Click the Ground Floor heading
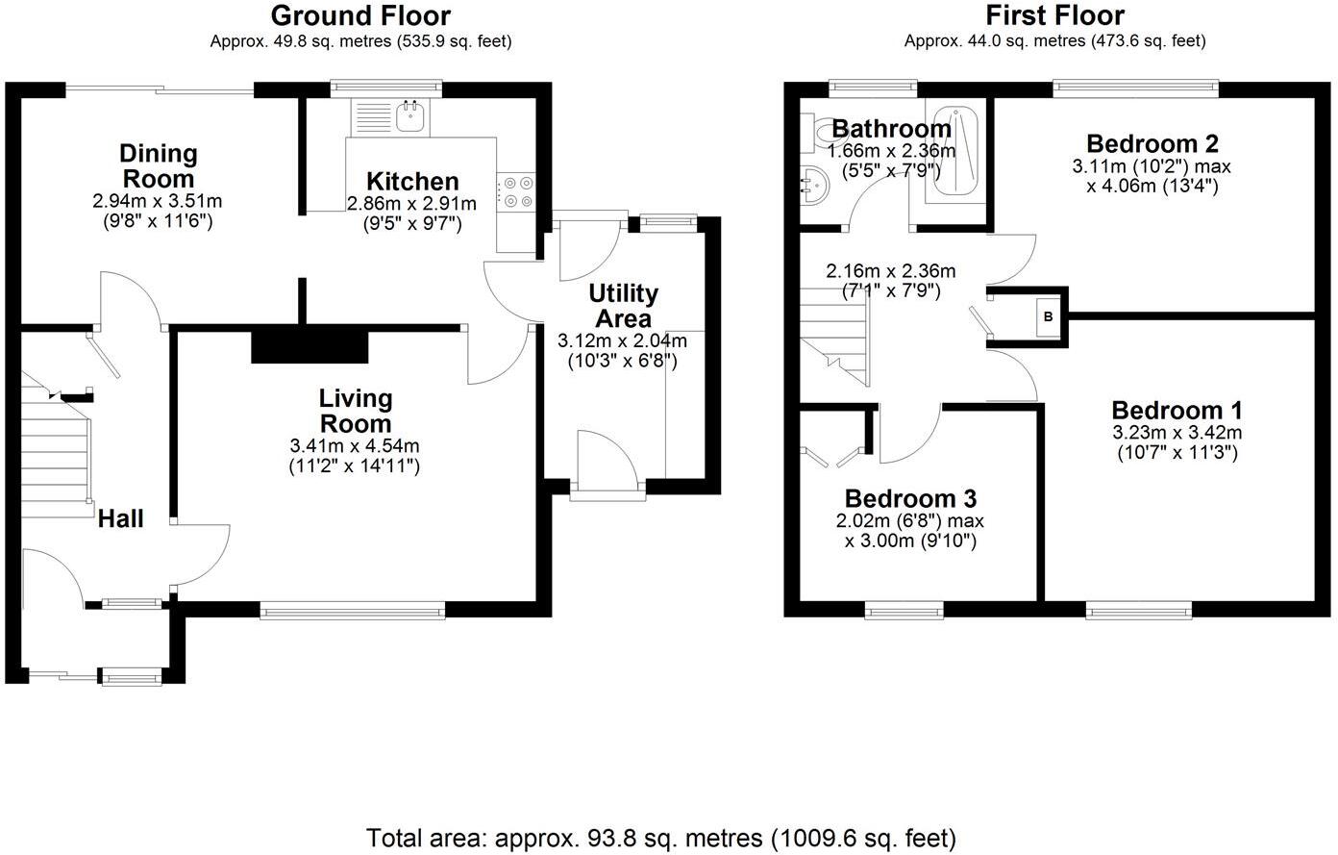[x=359, y=16]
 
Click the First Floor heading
[x=1054, y=16]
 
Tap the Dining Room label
[x=158, y=165]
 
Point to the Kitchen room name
[x=412, y=182]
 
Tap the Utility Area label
[x=623, y=306]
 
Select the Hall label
[x=121, y=519]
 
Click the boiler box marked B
[x=1048, y=316]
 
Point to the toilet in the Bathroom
[x=822, y=130]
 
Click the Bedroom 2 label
[x=1152, y=144]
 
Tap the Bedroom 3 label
[x=910, y=498]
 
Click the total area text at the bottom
[x=661, y=837]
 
